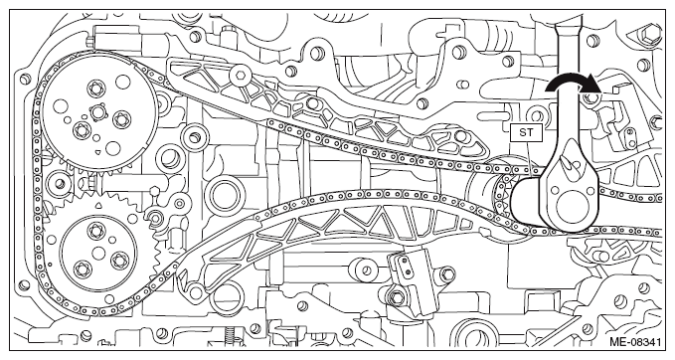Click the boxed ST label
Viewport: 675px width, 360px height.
click(526, 132)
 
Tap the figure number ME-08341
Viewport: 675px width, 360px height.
click(635, 342)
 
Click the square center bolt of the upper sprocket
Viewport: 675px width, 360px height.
click(97, 112)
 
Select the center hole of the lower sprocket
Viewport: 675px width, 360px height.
click(98, 252)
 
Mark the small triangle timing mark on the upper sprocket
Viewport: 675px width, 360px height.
click(98, 152)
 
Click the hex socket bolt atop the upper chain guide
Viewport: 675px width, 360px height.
click(240, 77)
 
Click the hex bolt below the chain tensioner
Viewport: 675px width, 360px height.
click(397, 296)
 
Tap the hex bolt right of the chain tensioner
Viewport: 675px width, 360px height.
click(447, 272)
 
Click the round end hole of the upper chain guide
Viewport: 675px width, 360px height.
click(460, 136)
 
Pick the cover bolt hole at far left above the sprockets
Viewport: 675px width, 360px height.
click(25, 79)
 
